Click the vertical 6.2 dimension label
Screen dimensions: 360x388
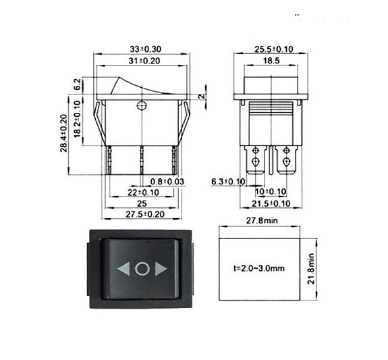[78, 84]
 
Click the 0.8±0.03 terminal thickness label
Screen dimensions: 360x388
[167, 182]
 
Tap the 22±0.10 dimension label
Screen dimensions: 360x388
[142, 192]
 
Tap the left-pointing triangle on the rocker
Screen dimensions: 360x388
[124, 269]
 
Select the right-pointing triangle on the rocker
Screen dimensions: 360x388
[161, 269]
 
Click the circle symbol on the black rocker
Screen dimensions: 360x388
[142, 269]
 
